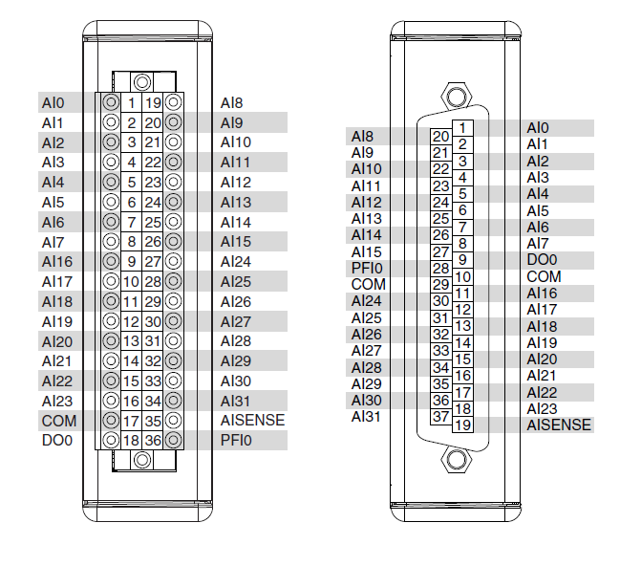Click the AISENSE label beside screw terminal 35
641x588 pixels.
tap(251, 421)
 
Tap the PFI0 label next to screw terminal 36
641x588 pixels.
tap(234, 441)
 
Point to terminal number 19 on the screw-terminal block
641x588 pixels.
tap(153, 102)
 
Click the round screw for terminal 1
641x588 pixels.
tap(111, 102)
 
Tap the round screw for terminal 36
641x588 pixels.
tap(174, 441)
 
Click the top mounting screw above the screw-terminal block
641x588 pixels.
tap(141, 83)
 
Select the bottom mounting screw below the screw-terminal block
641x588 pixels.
tap(141, 460)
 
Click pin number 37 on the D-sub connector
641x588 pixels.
tap(440, 417)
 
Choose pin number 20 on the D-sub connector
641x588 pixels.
tap(440, 137)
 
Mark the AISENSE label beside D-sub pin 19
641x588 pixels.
tap(559, 425)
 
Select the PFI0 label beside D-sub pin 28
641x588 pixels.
tap(366, 269)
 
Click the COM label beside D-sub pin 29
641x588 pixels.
tap(368, 285)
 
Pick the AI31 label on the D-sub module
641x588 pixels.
tap(366, 417)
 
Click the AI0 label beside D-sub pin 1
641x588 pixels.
tap(538, 128)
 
